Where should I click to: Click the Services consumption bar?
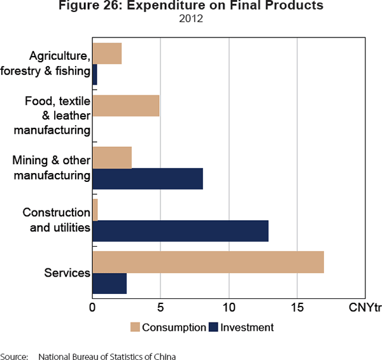pos(208,262)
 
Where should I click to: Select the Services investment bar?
pos(110,284)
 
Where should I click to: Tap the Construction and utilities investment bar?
pos(180,231)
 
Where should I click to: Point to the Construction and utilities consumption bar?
pos(95,209)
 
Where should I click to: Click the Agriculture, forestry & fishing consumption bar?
pos(107,53)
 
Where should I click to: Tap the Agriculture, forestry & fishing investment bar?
pos(95,74)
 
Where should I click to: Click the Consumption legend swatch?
pos(135,328)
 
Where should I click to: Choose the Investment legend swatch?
pos(213,328)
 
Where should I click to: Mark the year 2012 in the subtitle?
pos(190,18)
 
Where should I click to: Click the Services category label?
pos(67,273)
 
